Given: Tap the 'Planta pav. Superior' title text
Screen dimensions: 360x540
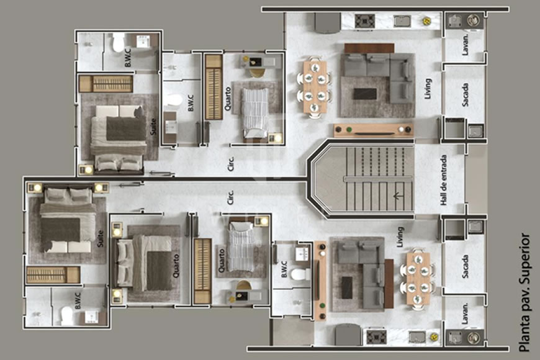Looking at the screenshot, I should pyautogui.click(x=525, y=292).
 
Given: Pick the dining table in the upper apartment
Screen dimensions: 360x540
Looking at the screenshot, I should pyautogui.click(x=315, y=87).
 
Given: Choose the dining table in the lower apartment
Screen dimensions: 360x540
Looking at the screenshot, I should pyautogui.click(x=418, y=279).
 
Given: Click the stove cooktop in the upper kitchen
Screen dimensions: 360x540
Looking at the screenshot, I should pyautogui.click(x=364, y=20).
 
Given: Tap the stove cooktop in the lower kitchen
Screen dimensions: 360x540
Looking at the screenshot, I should pyautogui.click(x=376, y=336).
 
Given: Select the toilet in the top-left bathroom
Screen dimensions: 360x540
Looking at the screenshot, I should pyautogui.click(x=118, y=42).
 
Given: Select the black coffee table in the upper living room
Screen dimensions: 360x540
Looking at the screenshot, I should pyautogui.click(x=364, y=94).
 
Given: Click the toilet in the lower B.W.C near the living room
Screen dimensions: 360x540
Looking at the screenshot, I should pyautogui.click(x=299, y=274).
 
